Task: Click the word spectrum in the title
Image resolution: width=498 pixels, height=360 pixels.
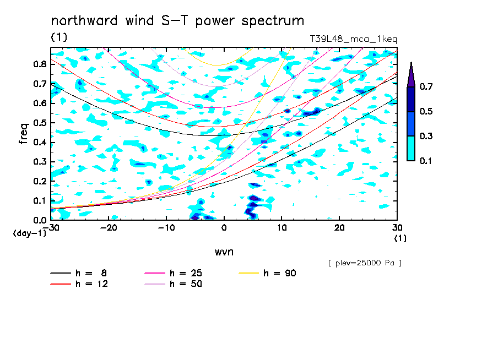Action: tap(273, 21)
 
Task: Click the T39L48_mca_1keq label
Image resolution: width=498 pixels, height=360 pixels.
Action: tap(354, 39)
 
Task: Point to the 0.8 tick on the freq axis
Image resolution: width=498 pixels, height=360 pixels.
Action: tap(40, 64)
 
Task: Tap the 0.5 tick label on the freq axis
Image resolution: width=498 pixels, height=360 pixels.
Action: tap(40, 123)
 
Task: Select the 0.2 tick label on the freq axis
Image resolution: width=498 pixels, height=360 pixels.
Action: tap(40, 181)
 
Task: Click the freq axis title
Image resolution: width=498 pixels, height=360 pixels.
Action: tap(24, 134)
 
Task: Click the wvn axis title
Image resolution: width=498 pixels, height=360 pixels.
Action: tap(224, 252)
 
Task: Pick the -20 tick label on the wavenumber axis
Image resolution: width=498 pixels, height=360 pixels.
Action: tap(109, 228)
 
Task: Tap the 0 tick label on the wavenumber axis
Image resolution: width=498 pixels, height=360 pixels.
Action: tap(224, 228)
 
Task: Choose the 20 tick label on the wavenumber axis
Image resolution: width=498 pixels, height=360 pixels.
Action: tap(339, 228)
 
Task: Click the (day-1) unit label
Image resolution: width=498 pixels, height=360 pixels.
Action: tap(29, 233)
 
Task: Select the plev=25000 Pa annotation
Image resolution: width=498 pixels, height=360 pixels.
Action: tap(365, 263)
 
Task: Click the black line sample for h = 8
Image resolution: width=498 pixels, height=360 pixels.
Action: tap(61, 273)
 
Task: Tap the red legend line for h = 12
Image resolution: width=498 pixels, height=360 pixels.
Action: tap(61, 284)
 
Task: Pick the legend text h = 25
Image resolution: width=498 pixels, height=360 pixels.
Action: tap(186, 273)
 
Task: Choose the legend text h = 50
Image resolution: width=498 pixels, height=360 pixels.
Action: tap(186, 284)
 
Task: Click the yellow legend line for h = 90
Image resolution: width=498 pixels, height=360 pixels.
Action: tap(249, 273)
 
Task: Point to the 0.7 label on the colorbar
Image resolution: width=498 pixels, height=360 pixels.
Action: tap(426, 86)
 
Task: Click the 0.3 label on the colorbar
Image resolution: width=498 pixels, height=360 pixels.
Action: tap(426, 136)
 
